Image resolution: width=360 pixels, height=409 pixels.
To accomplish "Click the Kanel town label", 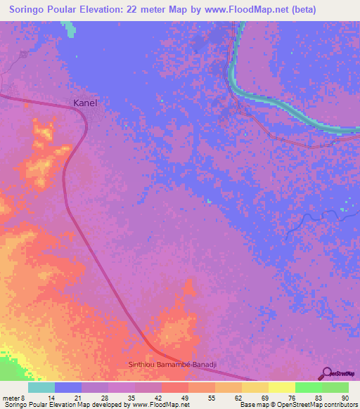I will click(85, 103).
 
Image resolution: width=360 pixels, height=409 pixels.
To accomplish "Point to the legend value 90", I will click(345, 398).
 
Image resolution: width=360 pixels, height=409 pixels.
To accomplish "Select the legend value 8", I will click(23, 398).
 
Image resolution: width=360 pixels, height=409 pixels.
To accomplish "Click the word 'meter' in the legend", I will click(11, 398).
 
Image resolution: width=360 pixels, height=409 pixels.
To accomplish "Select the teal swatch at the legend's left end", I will click(41, 387).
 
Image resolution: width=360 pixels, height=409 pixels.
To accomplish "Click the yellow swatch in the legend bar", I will click(282, 387).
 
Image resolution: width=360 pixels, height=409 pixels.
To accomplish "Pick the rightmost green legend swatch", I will click(335, 387).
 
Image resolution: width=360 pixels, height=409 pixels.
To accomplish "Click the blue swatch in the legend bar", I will click(68, 387).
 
